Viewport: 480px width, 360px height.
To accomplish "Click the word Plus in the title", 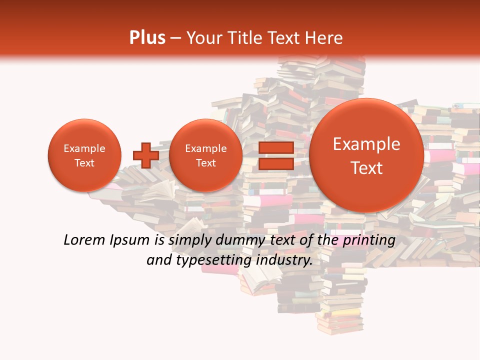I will click(147, 37).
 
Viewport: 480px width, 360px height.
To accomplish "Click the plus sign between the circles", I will click(145, 155).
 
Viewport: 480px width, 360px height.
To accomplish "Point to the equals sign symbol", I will click(276, 155).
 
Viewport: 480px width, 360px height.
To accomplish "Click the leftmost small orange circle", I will click(84, 155).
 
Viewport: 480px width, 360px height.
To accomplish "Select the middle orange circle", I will click(205, 155).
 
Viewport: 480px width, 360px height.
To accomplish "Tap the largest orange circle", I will click(366, 155).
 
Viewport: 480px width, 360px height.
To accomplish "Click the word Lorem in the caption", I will click(81, 240).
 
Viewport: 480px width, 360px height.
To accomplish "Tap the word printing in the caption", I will click(369, 240).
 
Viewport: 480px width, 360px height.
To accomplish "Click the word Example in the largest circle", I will click(366, 144).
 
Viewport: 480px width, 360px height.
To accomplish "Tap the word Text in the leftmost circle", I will click(84, 163).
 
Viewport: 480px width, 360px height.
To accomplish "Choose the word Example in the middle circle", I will click(205, 148).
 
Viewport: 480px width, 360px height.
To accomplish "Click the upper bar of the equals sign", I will click(276, 147).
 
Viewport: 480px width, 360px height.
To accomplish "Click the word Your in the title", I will click(203, 37).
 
